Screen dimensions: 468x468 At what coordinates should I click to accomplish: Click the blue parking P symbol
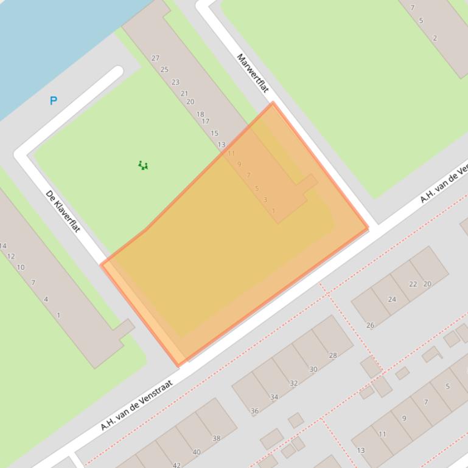54,101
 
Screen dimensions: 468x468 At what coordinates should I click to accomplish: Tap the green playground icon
143,165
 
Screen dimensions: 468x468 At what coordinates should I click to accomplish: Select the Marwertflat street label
253,73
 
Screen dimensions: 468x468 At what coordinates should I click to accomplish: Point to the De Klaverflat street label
63,211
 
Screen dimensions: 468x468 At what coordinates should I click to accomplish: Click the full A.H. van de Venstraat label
136,405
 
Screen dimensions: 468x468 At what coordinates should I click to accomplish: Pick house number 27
155,58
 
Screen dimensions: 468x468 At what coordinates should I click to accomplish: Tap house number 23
175,82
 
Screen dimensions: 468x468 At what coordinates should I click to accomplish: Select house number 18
200,114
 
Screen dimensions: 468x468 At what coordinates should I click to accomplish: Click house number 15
214,133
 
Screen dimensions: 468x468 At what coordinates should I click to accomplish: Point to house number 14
3,246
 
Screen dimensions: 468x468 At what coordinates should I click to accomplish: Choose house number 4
46,299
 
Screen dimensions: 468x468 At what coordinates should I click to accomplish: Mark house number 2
435,38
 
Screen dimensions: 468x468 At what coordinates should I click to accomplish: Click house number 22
413,284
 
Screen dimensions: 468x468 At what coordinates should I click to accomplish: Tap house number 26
370,325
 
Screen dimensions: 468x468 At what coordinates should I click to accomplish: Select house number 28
332,356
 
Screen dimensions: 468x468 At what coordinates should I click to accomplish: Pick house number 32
293,383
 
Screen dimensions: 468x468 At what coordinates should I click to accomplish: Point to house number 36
254,411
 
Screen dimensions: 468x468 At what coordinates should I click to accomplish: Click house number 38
216,438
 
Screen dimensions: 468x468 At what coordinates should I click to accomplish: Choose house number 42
176,465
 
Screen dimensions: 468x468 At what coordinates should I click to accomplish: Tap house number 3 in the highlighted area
265,199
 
